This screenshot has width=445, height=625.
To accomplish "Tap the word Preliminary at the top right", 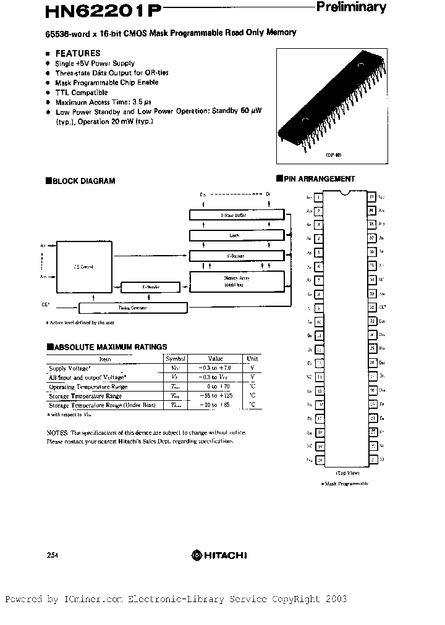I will (x=351, y=7).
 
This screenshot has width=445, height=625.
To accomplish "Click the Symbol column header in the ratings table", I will (x=176, y=358).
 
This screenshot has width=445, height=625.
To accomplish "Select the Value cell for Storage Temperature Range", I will (x=216, y=395).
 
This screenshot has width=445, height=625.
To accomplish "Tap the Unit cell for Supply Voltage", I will (x=252, y=368).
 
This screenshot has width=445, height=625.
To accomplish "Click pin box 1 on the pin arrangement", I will (x=318, y=198).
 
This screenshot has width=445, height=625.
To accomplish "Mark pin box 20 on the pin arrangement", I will (x=319, y=460).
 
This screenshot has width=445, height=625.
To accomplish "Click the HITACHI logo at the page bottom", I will (x=218, y=555).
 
